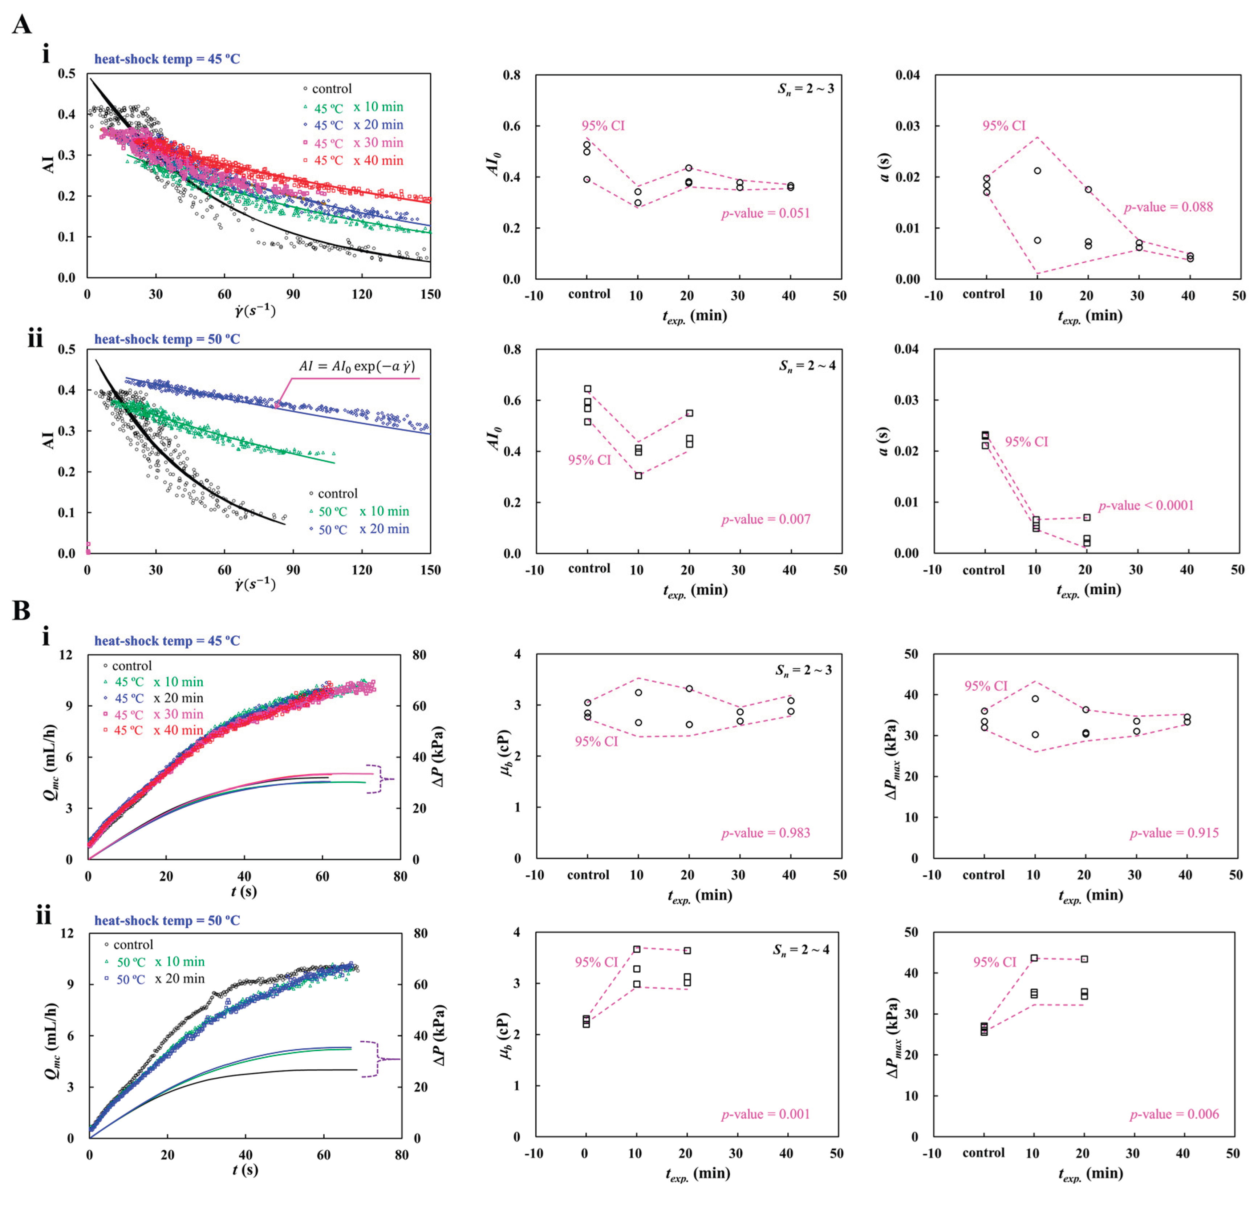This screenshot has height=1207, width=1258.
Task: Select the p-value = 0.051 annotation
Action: (765, 213)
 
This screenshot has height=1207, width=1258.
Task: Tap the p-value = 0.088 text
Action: (1168, 207)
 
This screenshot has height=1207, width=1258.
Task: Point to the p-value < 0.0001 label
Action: (1146, 505)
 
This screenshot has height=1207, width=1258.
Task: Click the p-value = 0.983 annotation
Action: (765, 833)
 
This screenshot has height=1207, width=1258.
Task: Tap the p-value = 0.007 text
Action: (765, 520)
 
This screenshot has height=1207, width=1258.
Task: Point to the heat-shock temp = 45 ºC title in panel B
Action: (167, 641)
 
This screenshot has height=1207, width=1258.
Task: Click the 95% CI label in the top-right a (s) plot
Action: (1004, 126)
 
